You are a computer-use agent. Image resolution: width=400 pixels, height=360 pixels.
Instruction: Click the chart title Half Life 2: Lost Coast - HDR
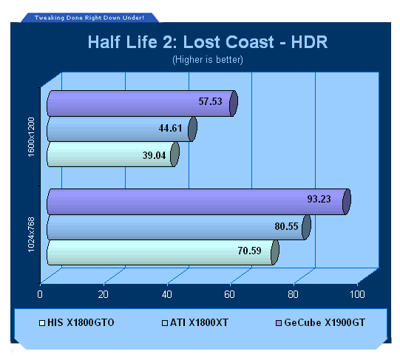(208, 42)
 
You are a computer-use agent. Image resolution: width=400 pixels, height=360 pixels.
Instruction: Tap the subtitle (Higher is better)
(208, 60)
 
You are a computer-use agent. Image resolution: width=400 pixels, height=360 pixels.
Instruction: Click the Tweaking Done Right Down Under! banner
(89, 18)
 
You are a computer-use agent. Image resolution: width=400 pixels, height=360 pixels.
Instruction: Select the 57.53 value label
(211, 101)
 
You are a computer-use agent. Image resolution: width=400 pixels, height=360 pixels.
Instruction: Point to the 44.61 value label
(170, 128)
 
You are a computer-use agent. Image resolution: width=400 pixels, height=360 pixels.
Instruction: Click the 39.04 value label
(154, 155)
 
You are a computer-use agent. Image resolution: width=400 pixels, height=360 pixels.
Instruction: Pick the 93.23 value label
(319, 199)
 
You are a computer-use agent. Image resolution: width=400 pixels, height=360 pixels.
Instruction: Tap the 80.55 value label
(286, 226)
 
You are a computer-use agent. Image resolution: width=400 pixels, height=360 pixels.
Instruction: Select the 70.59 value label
(249, 251)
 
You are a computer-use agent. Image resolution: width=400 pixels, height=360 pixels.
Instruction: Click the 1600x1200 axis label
(31, 137)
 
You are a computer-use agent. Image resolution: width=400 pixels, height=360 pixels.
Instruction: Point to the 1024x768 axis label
(31, 235)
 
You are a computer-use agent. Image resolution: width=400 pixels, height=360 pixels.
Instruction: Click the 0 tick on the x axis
(40, 294)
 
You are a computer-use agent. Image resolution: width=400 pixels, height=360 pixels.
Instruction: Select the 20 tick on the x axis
(104, 294)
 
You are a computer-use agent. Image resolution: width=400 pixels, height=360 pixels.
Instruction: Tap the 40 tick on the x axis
(167, 294)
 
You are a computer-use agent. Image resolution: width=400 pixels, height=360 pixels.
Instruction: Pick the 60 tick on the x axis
(230, 294)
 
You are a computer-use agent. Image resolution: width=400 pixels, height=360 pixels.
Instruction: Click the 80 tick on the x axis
(293, 294)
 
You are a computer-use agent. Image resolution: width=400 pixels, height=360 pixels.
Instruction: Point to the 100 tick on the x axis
(357, 294)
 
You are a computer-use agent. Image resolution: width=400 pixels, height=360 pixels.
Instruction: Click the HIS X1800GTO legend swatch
(42, 323)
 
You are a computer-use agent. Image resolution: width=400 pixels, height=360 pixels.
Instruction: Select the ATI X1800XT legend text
(199, 323)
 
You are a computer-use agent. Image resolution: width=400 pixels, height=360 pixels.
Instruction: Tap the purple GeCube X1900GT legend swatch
(279, 323)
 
